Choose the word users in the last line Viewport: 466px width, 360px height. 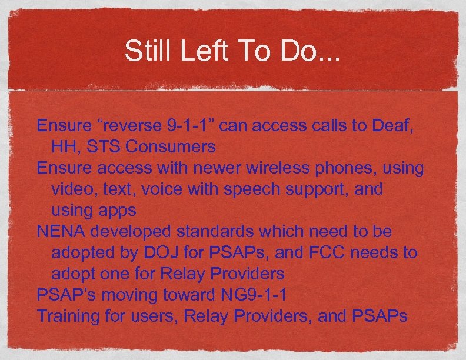152,316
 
